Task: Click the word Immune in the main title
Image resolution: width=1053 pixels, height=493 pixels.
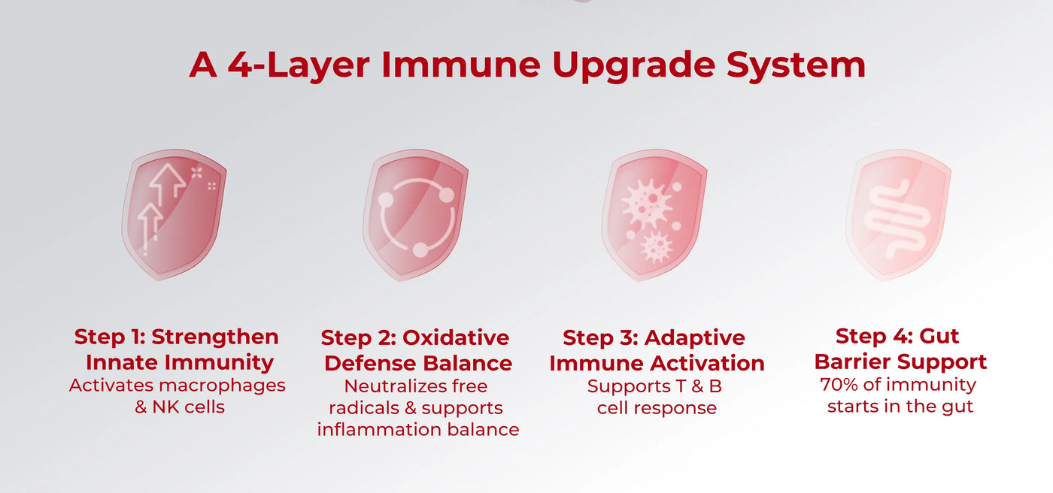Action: pyautogui.click(x=460, y=65)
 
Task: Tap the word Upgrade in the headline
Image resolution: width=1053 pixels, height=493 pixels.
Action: pyautogui.click(x=633, y=65)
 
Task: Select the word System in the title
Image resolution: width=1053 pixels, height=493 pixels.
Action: pyautogui.click(x=796, y=65)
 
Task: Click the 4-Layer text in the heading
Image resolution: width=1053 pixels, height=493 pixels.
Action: pyautogui.click(x=299, y=65)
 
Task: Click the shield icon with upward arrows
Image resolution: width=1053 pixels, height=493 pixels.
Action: pyautogui.click(x=174, y=215)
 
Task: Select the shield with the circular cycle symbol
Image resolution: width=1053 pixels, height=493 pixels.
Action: pyautogui.click(x=415, y=215)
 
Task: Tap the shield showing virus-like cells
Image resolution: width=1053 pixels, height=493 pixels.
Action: pyautogui.click(x=654, y=215)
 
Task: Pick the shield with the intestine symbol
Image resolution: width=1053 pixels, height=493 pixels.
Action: pyautogui.click(x=898, y=215)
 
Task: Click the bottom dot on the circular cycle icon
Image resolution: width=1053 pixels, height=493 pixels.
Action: pyautogui.click(x=420, y=250)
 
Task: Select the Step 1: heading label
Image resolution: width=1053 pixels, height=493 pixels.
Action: pyautogui.click(x=110, y=337)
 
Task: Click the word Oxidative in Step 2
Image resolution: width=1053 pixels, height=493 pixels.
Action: pyautogui.click(x=456, y=337)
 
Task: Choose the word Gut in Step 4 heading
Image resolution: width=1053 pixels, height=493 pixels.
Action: pyautogui.click(x=939, y=336)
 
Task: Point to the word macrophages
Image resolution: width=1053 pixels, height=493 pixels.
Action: pyautogui.click(x=223, y=386)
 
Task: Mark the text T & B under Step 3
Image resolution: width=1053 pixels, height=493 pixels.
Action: pyautogui.click(x=699, y=386)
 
